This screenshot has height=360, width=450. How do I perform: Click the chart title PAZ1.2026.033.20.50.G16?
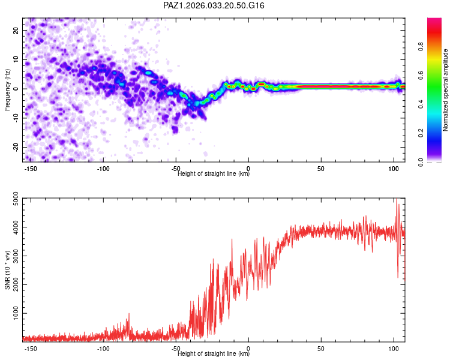coord(214,5)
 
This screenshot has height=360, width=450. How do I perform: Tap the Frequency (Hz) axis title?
coord(7,90)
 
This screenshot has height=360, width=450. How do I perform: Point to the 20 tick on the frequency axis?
coord(16,31)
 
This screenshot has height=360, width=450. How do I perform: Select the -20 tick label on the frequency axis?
coord(16,148)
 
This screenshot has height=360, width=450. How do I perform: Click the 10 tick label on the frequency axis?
coord(16,59)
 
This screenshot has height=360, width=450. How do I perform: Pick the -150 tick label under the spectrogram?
coord(31,169)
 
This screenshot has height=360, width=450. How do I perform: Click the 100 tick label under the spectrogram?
coord(394,169)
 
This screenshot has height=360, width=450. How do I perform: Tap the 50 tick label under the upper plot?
coord(321,169)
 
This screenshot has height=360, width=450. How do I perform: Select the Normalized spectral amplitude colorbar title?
coord(445,90)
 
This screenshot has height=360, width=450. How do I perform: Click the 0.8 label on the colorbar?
coord(421,46)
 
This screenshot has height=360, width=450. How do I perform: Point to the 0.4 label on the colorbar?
coord(421,104)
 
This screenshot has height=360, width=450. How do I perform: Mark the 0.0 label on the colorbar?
coord(421,162)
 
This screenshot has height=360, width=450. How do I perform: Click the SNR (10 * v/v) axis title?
coord(7,270)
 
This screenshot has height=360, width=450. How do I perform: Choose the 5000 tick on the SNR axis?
coord(16,199)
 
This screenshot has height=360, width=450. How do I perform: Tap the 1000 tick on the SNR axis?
coord(16,313)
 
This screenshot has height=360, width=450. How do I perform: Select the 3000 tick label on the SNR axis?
coord(16,256)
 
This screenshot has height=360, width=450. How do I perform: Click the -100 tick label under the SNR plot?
coord(103,349)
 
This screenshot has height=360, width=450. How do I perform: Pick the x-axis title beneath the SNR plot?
coord(214,353)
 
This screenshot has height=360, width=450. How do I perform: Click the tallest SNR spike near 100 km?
coord(397,199)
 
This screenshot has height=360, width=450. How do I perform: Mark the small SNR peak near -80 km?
coord(129,314)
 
